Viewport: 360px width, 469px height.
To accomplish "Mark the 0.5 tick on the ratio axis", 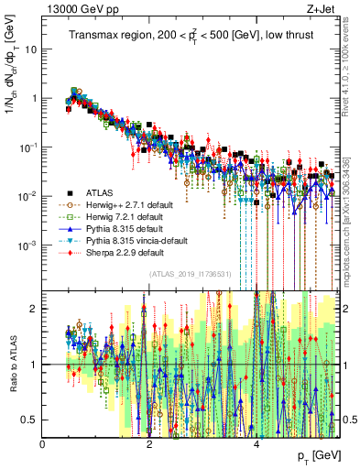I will pos(28,420).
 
